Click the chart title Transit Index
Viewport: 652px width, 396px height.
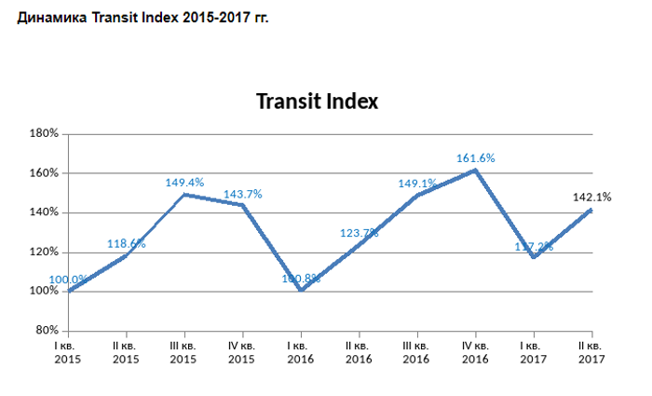point(317,102)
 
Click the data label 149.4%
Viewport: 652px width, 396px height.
point(184,183)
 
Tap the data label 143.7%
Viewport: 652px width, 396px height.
point(242,194)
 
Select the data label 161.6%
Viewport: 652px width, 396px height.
point(475,158)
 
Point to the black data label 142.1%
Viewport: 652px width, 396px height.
point(591,197)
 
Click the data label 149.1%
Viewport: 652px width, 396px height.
point(416,184)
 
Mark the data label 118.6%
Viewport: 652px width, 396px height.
point(126,244)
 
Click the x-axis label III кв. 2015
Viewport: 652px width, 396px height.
point(184,352)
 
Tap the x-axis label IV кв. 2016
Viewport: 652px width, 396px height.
point(475,352)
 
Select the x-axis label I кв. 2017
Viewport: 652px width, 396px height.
point(534,352)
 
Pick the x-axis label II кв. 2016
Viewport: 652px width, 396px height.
point(359,352)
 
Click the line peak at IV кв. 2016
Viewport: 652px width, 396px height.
point(475,170)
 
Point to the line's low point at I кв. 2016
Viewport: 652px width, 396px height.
point(301,290)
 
